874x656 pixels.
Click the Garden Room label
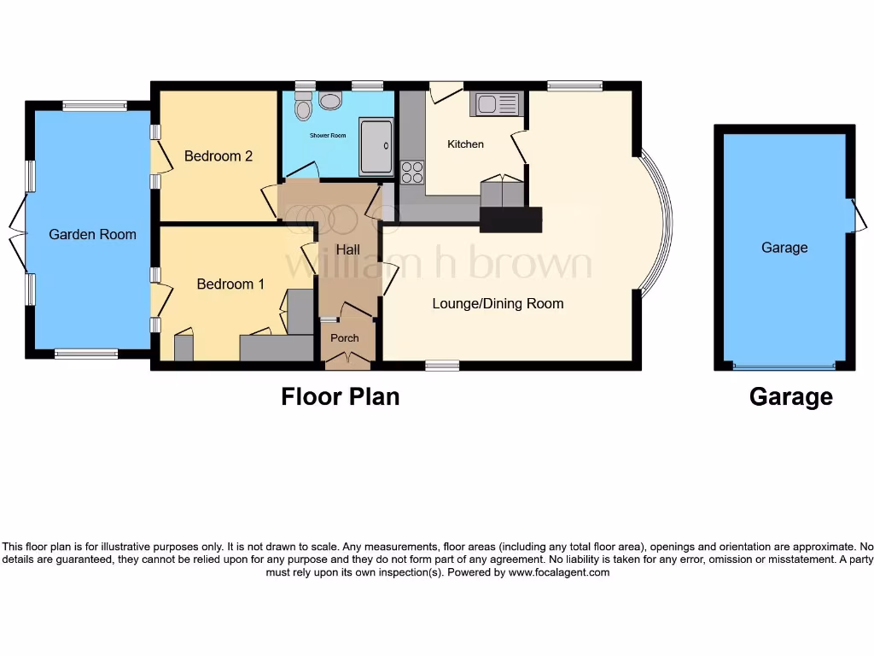pos(92,234)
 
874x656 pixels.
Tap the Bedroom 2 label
pos(218,156)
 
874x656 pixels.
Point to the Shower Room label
pos(328,135)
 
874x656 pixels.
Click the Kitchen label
pos(465,144)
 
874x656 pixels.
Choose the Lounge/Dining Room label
pos(498,303)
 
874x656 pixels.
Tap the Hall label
pos(347,249)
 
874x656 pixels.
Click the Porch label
pos(345,337)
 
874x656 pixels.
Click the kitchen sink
pos(496,104)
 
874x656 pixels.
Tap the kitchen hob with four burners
pos(412,172)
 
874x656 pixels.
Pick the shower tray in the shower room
pos(376,147)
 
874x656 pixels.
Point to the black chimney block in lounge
pos(510,220)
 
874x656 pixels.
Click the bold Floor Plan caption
pos(340,396)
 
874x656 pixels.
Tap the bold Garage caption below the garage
pos(790,396)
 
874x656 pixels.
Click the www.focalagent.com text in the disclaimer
pos(558,572)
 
